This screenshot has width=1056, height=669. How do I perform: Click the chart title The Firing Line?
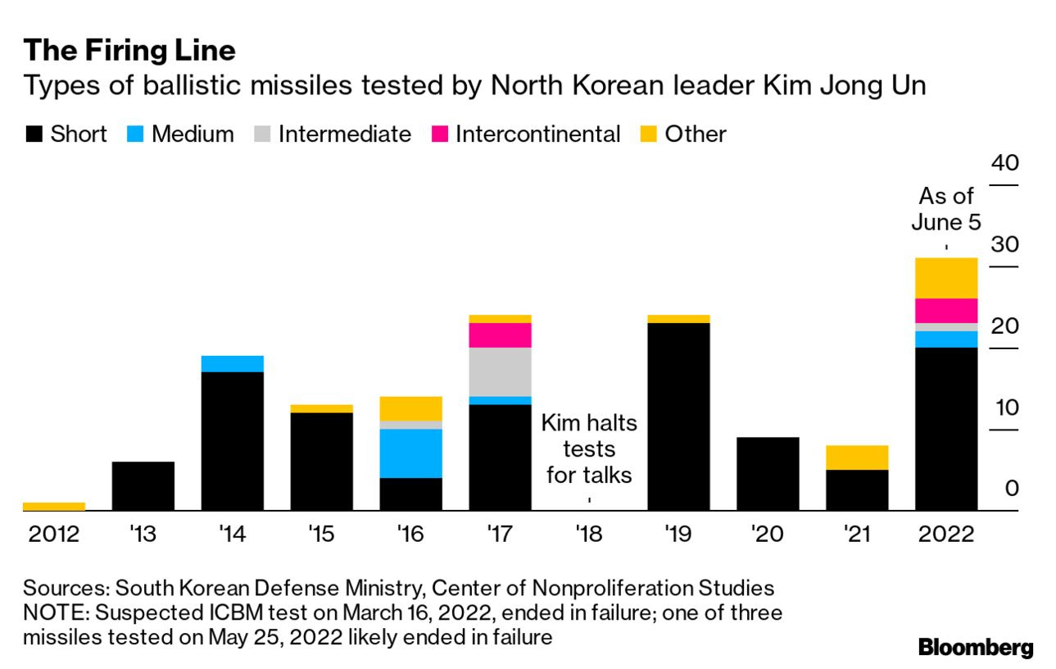tap(129, 51)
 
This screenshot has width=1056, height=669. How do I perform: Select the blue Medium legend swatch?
tap(136, 134)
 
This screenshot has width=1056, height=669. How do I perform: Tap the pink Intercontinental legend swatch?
tap(440, 134)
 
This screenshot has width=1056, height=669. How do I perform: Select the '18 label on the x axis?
tap(589, 535)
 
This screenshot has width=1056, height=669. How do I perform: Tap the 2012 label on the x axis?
tap(54, 535)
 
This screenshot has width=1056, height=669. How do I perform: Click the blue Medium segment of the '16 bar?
tap(410, 453)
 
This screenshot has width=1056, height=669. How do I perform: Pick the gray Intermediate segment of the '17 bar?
tap(500, 372)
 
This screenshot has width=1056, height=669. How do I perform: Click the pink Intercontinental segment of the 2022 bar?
tap(946, 311)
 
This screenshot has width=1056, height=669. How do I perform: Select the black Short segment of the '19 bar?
tap(678, 416)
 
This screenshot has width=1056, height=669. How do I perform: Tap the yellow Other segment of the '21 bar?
tap(857, 457)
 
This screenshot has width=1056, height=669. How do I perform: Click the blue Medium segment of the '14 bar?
tap(232, 363)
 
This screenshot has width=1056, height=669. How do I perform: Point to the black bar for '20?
tap(768, 474)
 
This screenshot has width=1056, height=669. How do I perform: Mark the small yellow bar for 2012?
tap(54, 507)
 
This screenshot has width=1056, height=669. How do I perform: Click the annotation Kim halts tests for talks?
tap(589, 449)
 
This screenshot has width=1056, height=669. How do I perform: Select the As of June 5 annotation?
tap(946, 208)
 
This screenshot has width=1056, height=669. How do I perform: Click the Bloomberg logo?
tap(976, 648)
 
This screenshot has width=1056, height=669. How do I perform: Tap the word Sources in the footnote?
tap(66, 588)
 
